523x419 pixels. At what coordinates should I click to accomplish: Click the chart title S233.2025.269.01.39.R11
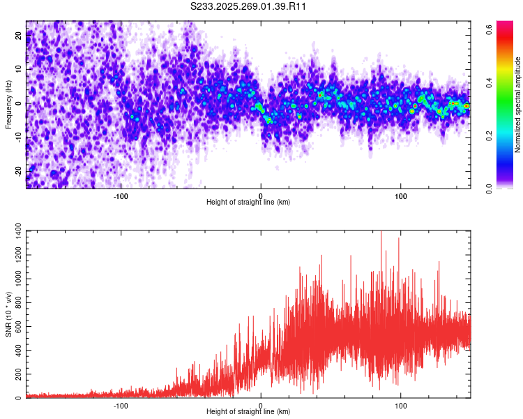(x=249, y=6)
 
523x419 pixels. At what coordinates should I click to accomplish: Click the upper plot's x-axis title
(x=248, y=202)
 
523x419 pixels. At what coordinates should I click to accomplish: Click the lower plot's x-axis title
(x=248, y=411)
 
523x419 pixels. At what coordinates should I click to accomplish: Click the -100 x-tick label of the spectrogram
(x=121, y=195)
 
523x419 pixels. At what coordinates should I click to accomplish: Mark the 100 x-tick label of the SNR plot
(x=401, y=404)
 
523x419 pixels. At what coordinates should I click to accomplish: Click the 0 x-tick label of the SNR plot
(x=261, y=404)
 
